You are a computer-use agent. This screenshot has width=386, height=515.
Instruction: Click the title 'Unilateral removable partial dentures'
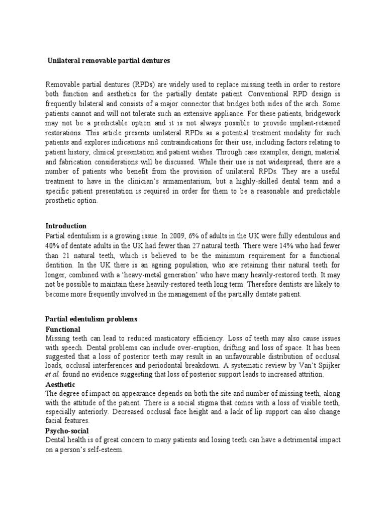click(x=109, y=61)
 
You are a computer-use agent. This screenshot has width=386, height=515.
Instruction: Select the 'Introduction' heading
click(x=66, y=226)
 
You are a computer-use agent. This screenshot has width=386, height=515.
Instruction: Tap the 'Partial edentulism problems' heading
click(x=91, y=319)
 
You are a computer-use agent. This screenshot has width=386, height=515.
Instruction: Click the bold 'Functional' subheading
click(x=63, y=329)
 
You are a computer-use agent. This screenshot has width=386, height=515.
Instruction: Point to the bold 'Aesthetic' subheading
click(x=61, y=385)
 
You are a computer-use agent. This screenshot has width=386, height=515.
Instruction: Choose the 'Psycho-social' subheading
click(x=67, y=431)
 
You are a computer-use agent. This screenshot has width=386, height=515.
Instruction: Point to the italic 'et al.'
click(x=53, y=375)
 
